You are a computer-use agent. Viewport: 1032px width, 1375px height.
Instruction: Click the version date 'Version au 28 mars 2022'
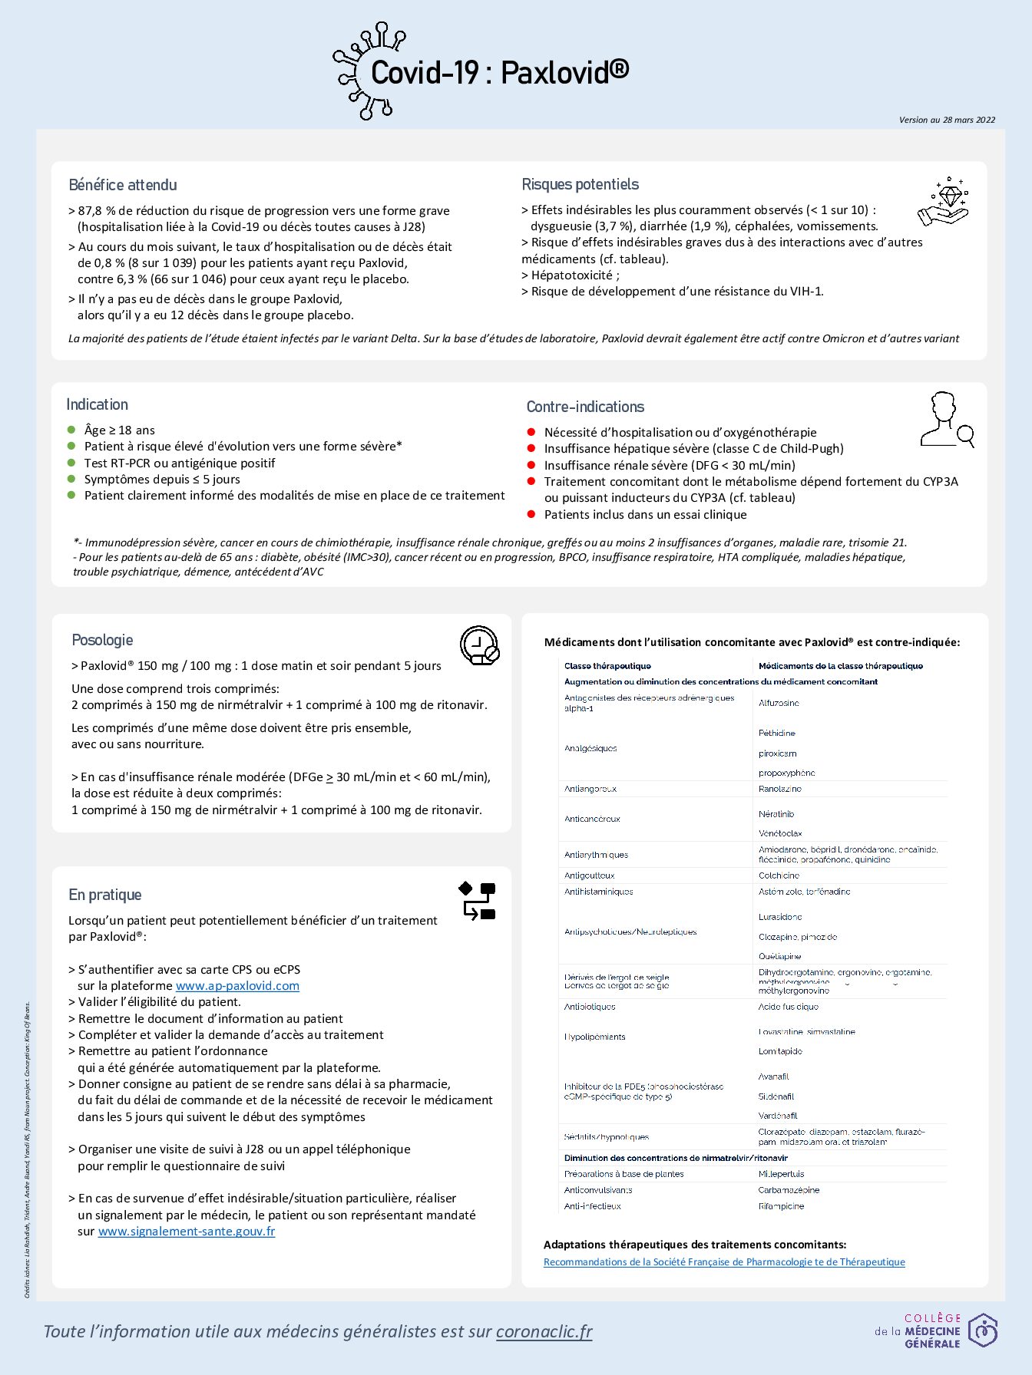point(947,120)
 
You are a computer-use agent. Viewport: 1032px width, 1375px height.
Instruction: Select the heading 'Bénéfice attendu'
point(123,185)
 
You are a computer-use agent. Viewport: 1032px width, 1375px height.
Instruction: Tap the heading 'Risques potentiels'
point(580,184)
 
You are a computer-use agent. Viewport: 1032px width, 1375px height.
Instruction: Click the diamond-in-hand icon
point(944,202)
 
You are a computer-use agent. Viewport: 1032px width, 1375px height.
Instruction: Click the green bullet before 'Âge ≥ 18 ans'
point(71,430)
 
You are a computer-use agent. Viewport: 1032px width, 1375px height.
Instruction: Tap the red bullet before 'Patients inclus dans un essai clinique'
point(531,514)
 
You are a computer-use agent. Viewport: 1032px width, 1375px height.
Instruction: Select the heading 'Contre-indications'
point(585,407)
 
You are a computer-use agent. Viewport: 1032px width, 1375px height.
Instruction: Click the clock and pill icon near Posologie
point(479,645)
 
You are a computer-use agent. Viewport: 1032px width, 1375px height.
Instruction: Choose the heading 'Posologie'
point(102,640)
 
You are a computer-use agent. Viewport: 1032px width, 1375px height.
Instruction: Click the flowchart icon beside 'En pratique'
point(477,901)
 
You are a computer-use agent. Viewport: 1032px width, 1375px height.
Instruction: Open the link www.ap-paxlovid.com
point(237,986)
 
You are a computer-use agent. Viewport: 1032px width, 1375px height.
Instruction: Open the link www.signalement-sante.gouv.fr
point(187,1232)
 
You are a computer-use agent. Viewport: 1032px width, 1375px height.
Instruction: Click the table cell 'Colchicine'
point(779,875)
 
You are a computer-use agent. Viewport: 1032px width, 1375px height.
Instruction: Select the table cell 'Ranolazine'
point(779,789)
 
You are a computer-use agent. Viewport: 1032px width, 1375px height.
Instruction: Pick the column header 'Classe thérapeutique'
point(607,666)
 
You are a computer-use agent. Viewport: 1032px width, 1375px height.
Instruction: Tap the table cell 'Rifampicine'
point(781,1206)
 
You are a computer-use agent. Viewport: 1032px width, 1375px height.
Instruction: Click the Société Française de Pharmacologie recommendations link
point(724,1262)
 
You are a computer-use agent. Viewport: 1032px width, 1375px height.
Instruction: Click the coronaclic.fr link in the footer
point(544,1331)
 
